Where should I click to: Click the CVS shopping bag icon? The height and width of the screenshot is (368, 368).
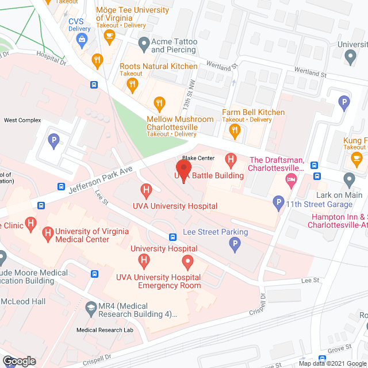82,39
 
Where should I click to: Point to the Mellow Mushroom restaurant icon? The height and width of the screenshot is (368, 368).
159,103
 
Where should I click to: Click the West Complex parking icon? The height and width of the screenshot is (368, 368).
53,140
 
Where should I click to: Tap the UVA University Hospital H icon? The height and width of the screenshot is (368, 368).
146,189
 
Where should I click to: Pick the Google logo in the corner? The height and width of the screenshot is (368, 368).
18,361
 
